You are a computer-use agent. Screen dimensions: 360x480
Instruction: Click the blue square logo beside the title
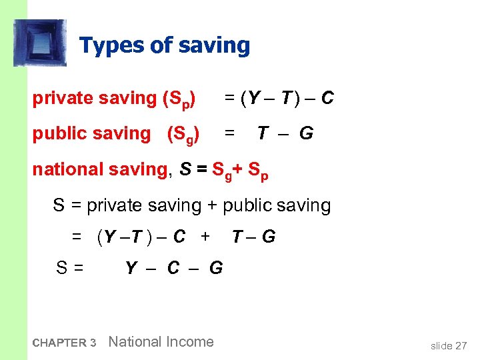pyautogui.click(x=40, y=43)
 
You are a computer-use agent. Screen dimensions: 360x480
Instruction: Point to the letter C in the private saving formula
pyautogui.click(x=327, y=99)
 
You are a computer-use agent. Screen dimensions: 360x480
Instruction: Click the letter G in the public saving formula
pyautogui.click(x=306, y=133)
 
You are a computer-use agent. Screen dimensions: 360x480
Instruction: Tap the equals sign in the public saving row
pyautogui.click(x=229, y=133)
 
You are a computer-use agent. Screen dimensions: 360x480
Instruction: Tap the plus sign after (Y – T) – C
pyautogui.click(x=205, y=237)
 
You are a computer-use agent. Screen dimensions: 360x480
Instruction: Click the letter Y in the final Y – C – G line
pyautogui.click(x=131, y=268)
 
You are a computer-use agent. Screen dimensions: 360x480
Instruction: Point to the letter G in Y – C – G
pyautogui.click(x=216, y=268)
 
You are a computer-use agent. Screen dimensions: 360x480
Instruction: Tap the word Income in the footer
pyautogui.click(x=190, y=342)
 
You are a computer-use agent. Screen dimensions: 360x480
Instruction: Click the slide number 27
pyautogui.click(x=461, y=345)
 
